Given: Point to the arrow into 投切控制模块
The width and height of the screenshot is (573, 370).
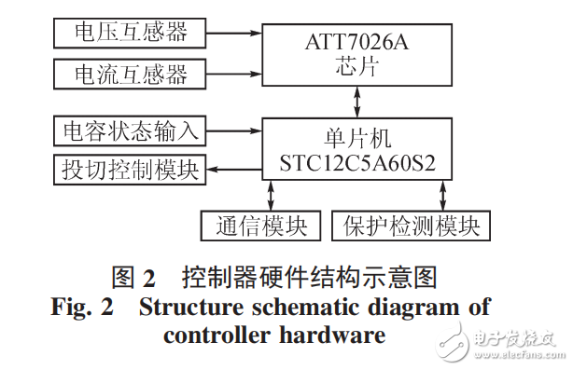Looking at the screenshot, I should pyautogui.click(x=233, y=170).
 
